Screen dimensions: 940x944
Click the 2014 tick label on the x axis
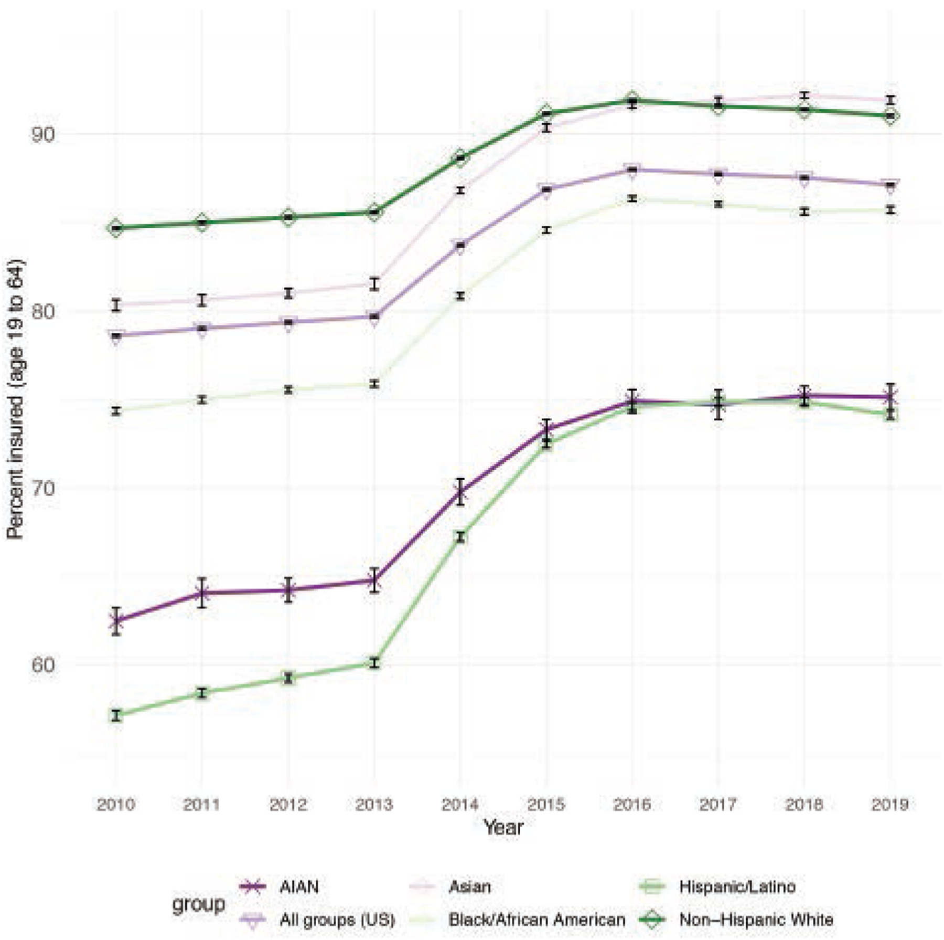(x=460, y=804)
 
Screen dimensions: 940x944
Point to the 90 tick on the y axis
(x=42, y=134)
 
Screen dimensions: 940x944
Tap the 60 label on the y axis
(x=42, y=665)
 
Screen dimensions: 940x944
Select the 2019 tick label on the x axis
(x=889, y=804)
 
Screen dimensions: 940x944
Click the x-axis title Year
(x=503, y=828)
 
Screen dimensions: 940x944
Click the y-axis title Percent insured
(x=16, y=399)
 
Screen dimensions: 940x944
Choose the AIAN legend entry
(x=299, y=887)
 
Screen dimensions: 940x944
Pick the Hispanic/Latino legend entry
(x=737, y=887)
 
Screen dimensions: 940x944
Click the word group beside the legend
(x=199, y=904)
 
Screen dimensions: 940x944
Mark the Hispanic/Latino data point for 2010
(x=116, y=715)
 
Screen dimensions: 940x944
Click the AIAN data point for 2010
(x=116, y=621)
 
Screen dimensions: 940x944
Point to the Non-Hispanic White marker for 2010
(x=116, y=228)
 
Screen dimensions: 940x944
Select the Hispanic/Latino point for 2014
(x=460, y=537)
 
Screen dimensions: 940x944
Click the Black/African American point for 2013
(x=374, y=384)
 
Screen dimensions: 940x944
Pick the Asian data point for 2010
(x=116, y=305)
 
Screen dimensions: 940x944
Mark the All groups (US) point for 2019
(x=889, y=185)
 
